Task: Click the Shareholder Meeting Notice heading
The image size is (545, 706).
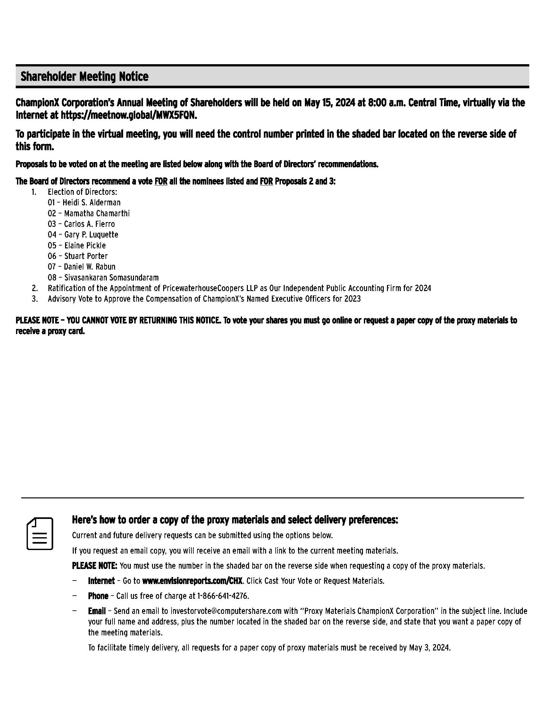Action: pyautogui.click(x=85, y=77)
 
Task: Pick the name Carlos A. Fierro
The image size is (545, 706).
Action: pyautogui.click(x=89, y=224)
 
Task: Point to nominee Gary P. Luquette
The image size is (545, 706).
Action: pyautogui.click(x=91, y=235)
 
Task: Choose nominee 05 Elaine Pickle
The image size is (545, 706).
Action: pyautogui.click(x=77, y=245)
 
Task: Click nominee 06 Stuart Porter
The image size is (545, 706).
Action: pyautogui.click(x=78, y=256)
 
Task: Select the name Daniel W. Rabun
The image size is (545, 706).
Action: pyautogui.click(x=89, y=267)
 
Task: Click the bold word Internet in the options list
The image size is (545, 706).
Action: pyautogui.click(x=101, y=581)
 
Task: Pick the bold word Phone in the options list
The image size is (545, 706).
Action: pyautogui.click(x=98, y=596)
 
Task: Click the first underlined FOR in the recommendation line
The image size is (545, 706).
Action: pyautogui.click(x=161, y=181)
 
